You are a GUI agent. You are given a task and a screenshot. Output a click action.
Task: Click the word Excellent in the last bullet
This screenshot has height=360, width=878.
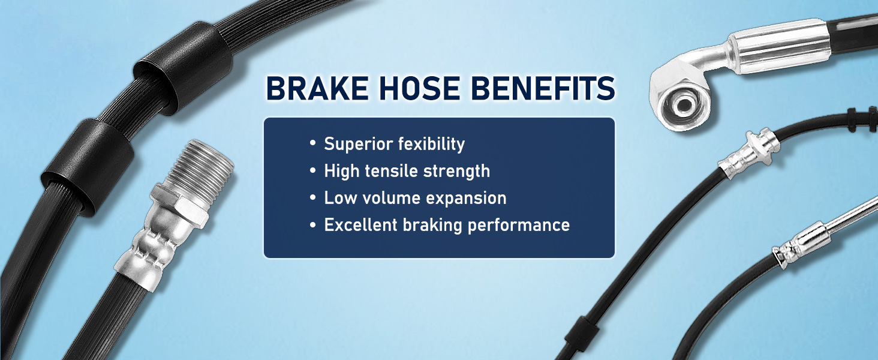click(360, 225)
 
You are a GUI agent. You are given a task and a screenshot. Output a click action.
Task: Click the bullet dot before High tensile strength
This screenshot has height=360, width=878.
click(312, 170)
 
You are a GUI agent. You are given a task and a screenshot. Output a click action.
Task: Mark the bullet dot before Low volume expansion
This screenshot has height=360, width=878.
click(312, 197)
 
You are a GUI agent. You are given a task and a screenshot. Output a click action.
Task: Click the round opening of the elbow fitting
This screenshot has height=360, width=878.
click(684, 105)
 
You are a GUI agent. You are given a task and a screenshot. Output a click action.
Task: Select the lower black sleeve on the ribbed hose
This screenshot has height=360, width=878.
click(89, 167)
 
